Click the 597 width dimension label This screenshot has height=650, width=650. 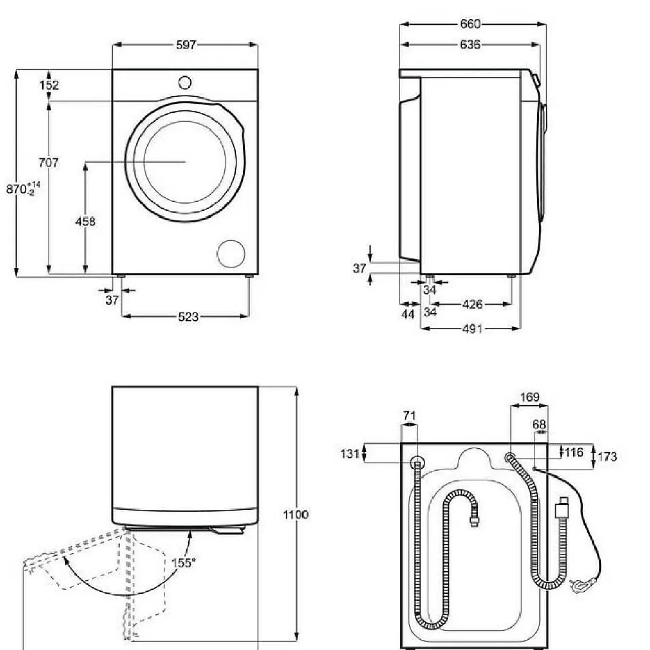pos(186,45)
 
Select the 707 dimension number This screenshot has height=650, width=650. pos(49,162)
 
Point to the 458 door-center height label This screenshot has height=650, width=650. pos(85,222)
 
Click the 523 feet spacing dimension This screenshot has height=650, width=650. pos(188,317)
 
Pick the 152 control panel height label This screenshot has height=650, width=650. pos(49,85)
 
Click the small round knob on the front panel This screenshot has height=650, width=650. pos(185,82)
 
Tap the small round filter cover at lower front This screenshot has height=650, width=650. pos(231,254)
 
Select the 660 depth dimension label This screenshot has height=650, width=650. pos(470,24)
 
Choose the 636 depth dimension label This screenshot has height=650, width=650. pos(470,45)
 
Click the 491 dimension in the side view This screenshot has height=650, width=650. pos(472,329)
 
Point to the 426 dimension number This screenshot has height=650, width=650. pos(472,305)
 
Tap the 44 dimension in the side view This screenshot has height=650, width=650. pos(408,315)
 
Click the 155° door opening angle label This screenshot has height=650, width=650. pos(183,563)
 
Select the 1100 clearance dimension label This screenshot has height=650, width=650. pos(296,515)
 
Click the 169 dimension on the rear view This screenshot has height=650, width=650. pos(530,397)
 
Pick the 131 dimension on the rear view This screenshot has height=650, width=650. pos(350,453)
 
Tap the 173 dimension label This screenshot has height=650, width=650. pos(608,457)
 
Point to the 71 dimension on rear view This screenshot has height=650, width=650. pos(409,416)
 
